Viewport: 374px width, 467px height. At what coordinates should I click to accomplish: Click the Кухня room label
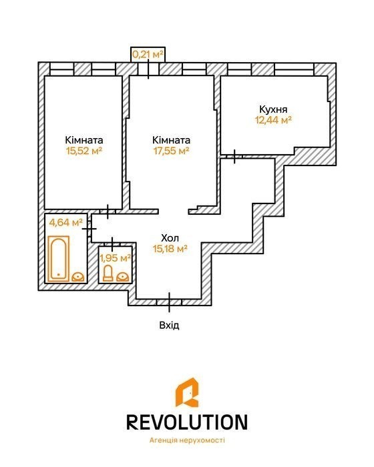(x=273, y=109)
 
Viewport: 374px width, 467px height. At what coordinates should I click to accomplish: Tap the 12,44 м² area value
(x=273, y=120)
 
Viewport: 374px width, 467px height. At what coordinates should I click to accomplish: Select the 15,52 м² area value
(x=84, y=151)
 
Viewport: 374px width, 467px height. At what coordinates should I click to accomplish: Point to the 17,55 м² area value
(x=171, y=151)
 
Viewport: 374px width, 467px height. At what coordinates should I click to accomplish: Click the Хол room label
(x=170, y=238)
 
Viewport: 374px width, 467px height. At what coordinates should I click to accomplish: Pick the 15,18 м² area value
(x=170, y=249)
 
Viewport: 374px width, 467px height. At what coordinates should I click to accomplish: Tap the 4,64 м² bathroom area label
(x=65, y=222)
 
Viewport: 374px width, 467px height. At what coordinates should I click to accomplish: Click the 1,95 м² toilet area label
(x=116, y=258)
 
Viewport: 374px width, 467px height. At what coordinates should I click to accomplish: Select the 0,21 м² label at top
(x=148, y=55)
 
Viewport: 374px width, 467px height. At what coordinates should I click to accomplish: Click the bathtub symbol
(x=59, y=259)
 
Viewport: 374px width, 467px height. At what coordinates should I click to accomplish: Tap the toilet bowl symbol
(x=108, y=274)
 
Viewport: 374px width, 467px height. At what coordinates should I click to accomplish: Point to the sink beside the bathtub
(x=78, y=278)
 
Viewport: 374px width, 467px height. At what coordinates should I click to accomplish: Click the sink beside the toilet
(x=123, y=278)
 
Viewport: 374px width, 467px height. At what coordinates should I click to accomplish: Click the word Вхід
(x=170, y=326)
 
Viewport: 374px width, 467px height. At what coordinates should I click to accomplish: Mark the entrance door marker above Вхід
(x=169, y=302)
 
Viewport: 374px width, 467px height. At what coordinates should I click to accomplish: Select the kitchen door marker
(x=234, y=156)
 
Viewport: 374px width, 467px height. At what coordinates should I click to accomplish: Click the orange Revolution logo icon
(x=187, y=392)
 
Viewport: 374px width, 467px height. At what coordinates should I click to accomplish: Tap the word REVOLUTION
(x=187, y=422)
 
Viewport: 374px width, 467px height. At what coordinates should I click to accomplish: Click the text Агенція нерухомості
(x=187, y=440)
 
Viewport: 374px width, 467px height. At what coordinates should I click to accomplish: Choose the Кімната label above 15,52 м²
(x=84, y=140)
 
